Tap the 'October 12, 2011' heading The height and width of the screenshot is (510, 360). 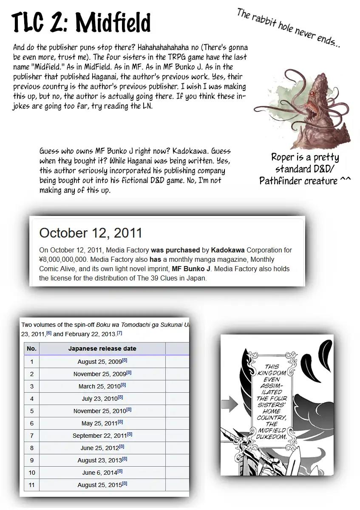91,233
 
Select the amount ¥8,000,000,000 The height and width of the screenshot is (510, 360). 63,259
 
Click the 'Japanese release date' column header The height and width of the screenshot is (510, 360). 102,348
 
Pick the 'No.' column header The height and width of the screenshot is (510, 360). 31,348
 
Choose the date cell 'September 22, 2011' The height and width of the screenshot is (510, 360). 102,435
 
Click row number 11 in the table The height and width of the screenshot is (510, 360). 31,484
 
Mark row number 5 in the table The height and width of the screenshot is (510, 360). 31,411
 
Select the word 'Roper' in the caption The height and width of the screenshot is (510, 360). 283,157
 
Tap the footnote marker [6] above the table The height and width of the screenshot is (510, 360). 49,333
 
